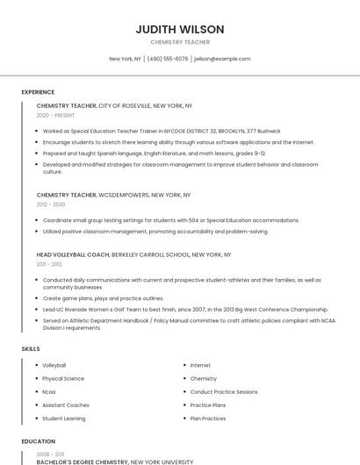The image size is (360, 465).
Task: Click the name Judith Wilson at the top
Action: [x=180, y=29]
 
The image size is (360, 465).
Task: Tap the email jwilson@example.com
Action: [x=222, y=59]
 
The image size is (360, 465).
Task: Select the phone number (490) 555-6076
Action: [x=167, y=59]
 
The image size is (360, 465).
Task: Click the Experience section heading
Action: [x=38, y=92]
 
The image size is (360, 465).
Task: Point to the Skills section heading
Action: [x=31, y=349]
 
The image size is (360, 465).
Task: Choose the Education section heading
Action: [x=39, y=441]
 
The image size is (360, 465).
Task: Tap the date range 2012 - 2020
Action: [x=51, y=204]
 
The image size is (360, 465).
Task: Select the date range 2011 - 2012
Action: [x=49, y=264]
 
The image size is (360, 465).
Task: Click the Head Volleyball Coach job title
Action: [x=73, y=254]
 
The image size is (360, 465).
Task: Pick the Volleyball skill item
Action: [x=54, y=365]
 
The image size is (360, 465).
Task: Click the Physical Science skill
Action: [x=63, y=378]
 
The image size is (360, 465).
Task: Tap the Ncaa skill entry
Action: [x=49, y=391]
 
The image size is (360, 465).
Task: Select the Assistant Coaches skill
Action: [x=66, y=405]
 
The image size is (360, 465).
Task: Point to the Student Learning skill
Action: [x=64, y=418]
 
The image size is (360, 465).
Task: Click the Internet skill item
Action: [x=200, y=365]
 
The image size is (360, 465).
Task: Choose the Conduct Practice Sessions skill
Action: [x=224, y=391]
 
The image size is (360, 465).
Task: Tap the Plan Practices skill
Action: [x=207, y=418]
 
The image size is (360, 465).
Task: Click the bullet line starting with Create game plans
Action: [x=103, y=298]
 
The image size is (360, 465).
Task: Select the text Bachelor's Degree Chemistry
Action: [x=83, y=461]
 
